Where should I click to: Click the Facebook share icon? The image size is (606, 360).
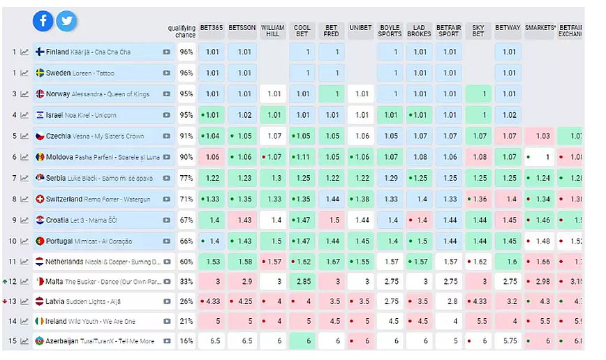point(43,22)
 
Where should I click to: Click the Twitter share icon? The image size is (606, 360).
point(66,22)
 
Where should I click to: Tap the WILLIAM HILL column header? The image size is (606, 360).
point(273,30)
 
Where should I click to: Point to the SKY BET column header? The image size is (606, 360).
point(478,30)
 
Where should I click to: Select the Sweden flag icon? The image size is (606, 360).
point(40,73)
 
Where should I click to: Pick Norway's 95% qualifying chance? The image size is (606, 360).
point(186,94)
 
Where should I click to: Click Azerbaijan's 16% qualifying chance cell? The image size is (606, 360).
point(186,341)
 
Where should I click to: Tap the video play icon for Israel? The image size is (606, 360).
point(167,115)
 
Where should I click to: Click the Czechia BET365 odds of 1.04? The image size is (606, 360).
point(212,136)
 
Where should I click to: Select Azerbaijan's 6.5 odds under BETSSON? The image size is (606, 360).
point(243,341)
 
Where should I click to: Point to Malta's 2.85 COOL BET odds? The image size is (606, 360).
point(302,281)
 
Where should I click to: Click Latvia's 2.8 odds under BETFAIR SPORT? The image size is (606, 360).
point(449,301)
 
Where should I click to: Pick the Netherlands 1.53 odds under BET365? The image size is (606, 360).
point(212,261)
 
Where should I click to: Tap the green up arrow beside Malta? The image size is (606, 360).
point(5,282)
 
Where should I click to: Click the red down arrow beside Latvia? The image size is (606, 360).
point(5,301)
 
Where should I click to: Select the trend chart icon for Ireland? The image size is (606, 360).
point(24,322)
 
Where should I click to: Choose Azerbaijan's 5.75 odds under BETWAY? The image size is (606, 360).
point(509,341)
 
